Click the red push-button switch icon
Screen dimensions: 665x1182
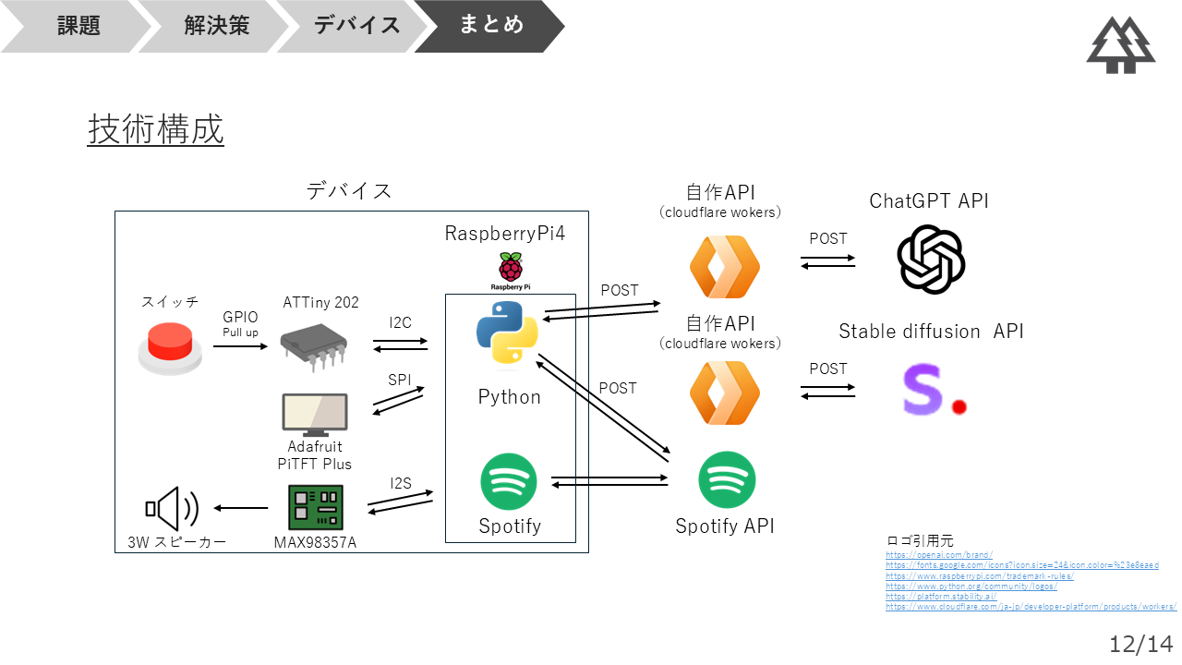(x=170, y=348)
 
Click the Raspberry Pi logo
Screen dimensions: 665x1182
(x=509, y=269)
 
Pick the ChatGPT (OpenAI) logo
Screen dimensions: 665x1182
(x=931, y=260)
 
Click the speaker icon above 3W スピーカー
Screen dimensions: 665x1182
(x=172, y=507)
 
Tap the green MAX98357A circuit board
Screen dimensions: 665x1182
(x=315, y=507)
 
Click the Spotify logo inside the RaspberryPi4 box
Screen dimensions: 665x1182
(x=509, y=481)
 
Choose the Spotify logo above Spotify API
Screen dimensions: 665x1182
(x=727, y=479)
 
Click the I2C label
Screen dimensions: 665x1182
(x=401, y=322)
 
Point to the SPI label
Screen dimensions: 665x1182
(x=400, y=380)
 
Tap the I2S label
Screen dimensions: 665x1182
(x=401, y=483)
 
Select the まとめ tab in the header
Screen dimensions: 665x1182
(x=491, y=25)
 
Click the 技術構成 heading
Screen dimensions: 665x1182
(x=156, y=129)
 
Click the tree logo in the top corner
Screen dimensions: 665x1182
(x=1120, y=44)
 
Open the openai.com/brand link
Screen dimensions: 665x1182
(x=938, y=555)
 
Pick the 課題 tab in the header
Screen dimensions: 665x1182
(x=78, y=25)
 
